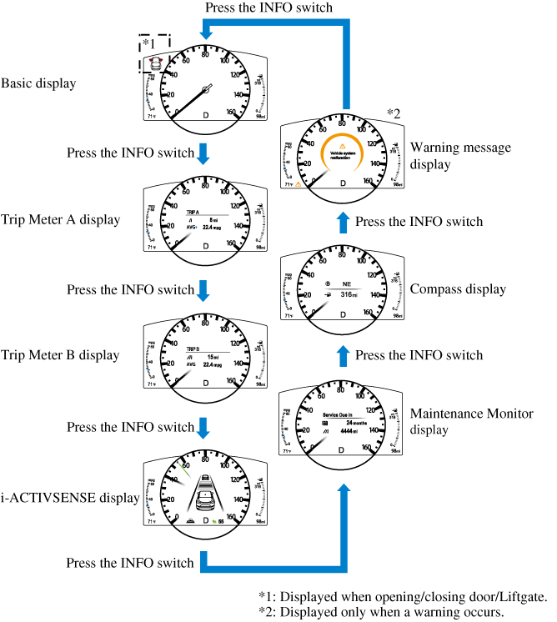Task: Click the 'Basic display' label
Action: [39, 83]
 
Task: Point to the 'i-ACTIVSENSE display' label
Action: [69, 499]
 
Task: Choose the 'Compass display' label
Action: [458, 289]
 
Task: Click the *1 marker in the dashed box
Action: [148, 43]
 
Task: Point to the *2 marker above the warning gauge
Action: [394, 113]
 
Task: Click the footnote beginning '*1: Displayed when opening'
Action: [403, 597]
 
